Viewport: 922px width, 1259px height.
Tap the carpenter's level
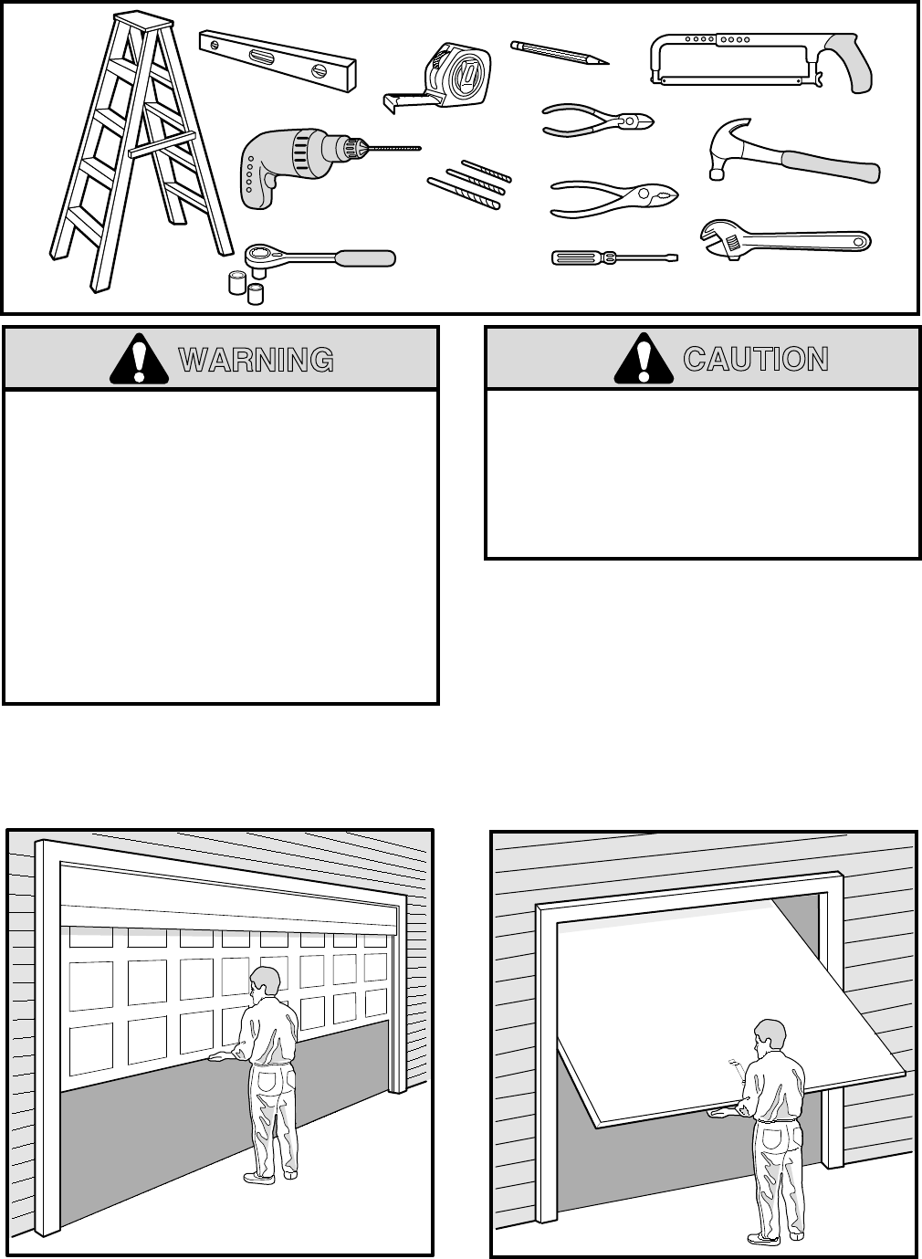tap(278, 61)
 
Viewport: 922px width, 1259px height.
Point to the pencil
tap(559, 52)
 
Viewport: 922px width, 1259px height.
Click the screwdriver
tap(613, 258)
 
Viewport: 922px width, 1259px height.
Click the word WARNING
tap(257, 361)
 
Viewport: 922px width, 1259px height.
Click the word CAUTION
tap(756, 359)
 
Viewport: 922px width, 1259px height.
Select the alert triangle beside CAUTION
tap(644, 360)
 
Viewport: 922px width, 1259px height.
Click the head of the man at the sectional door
tap(266, 983)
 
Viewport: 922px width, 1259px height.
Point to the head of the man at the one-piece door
tap(770, 1035)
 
